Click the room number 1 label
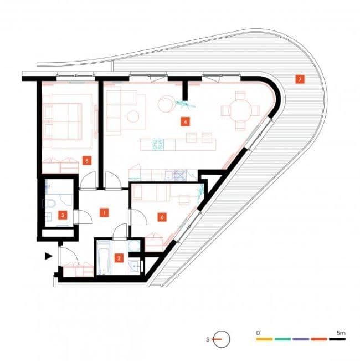(x=102, y=212)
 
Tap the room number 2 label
(x=119, y=257)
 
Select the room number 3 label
(x=63, y=215)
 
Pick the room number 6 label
(x=162, y=217)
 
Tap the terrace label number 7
(x=300, y=79)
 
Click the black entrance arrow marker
(x=49, y=256)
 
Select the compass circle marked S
(x=221, y=339)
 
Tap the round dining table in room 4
(x=240, y=110)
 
